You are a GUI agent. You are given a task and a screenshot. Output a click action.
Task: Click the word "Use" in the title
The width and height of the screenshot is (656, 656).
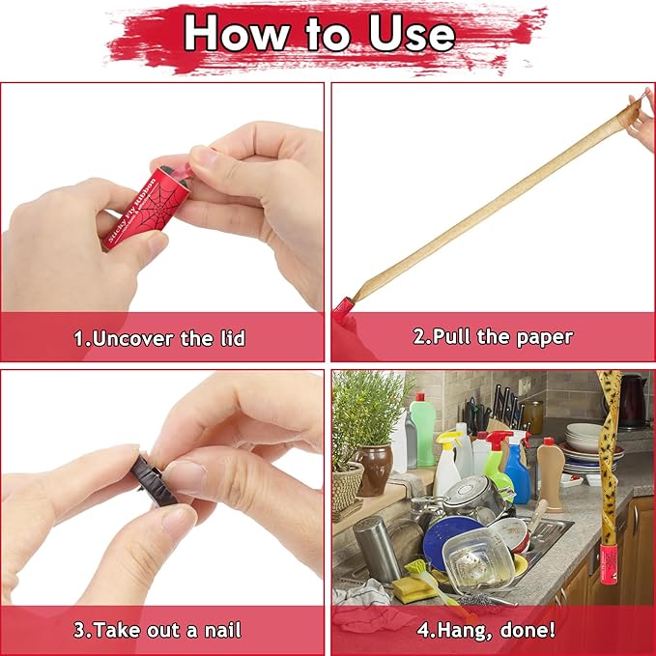pos(412,34)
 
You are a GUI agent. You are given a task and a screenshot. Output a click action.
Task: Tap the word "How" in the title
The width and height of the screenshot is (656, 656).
pos(238,33)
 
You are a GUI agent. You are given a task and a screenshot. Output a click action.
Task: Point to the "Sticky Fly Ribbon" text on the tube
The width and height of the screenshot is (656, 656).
pos(131,211)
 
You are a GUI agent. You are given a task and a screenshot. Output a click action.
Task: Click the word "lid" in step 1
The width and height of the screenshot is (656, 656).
pos(233,338)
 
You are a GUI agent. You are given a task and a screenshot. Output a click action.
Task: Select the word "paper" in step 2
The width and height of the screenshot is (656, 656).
pos(545,338)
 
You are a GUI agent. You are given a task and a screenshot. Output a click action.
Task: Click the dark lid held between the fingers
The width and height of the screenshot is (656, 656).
pos(154,480)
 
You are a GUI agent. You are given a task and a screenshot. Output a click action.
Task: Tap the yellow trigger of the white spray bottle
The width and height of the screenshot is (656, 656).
pos(447,441)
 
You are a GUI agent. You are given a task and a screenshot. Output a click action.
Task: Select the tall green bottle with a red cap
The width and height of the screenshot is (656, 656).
pos(422,429)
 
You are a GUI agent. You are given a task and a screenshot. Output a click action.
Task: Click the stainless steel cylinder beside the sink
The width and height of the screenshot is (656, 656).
pos(376,549)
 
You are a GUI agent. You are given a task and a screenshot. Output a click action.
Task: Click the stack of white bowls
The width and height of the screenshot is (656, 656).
pos(585,437)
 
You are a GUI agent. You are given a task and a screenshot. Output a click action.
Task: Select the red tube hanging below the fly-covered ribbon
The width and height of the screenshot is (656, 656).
pos(609,563)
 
